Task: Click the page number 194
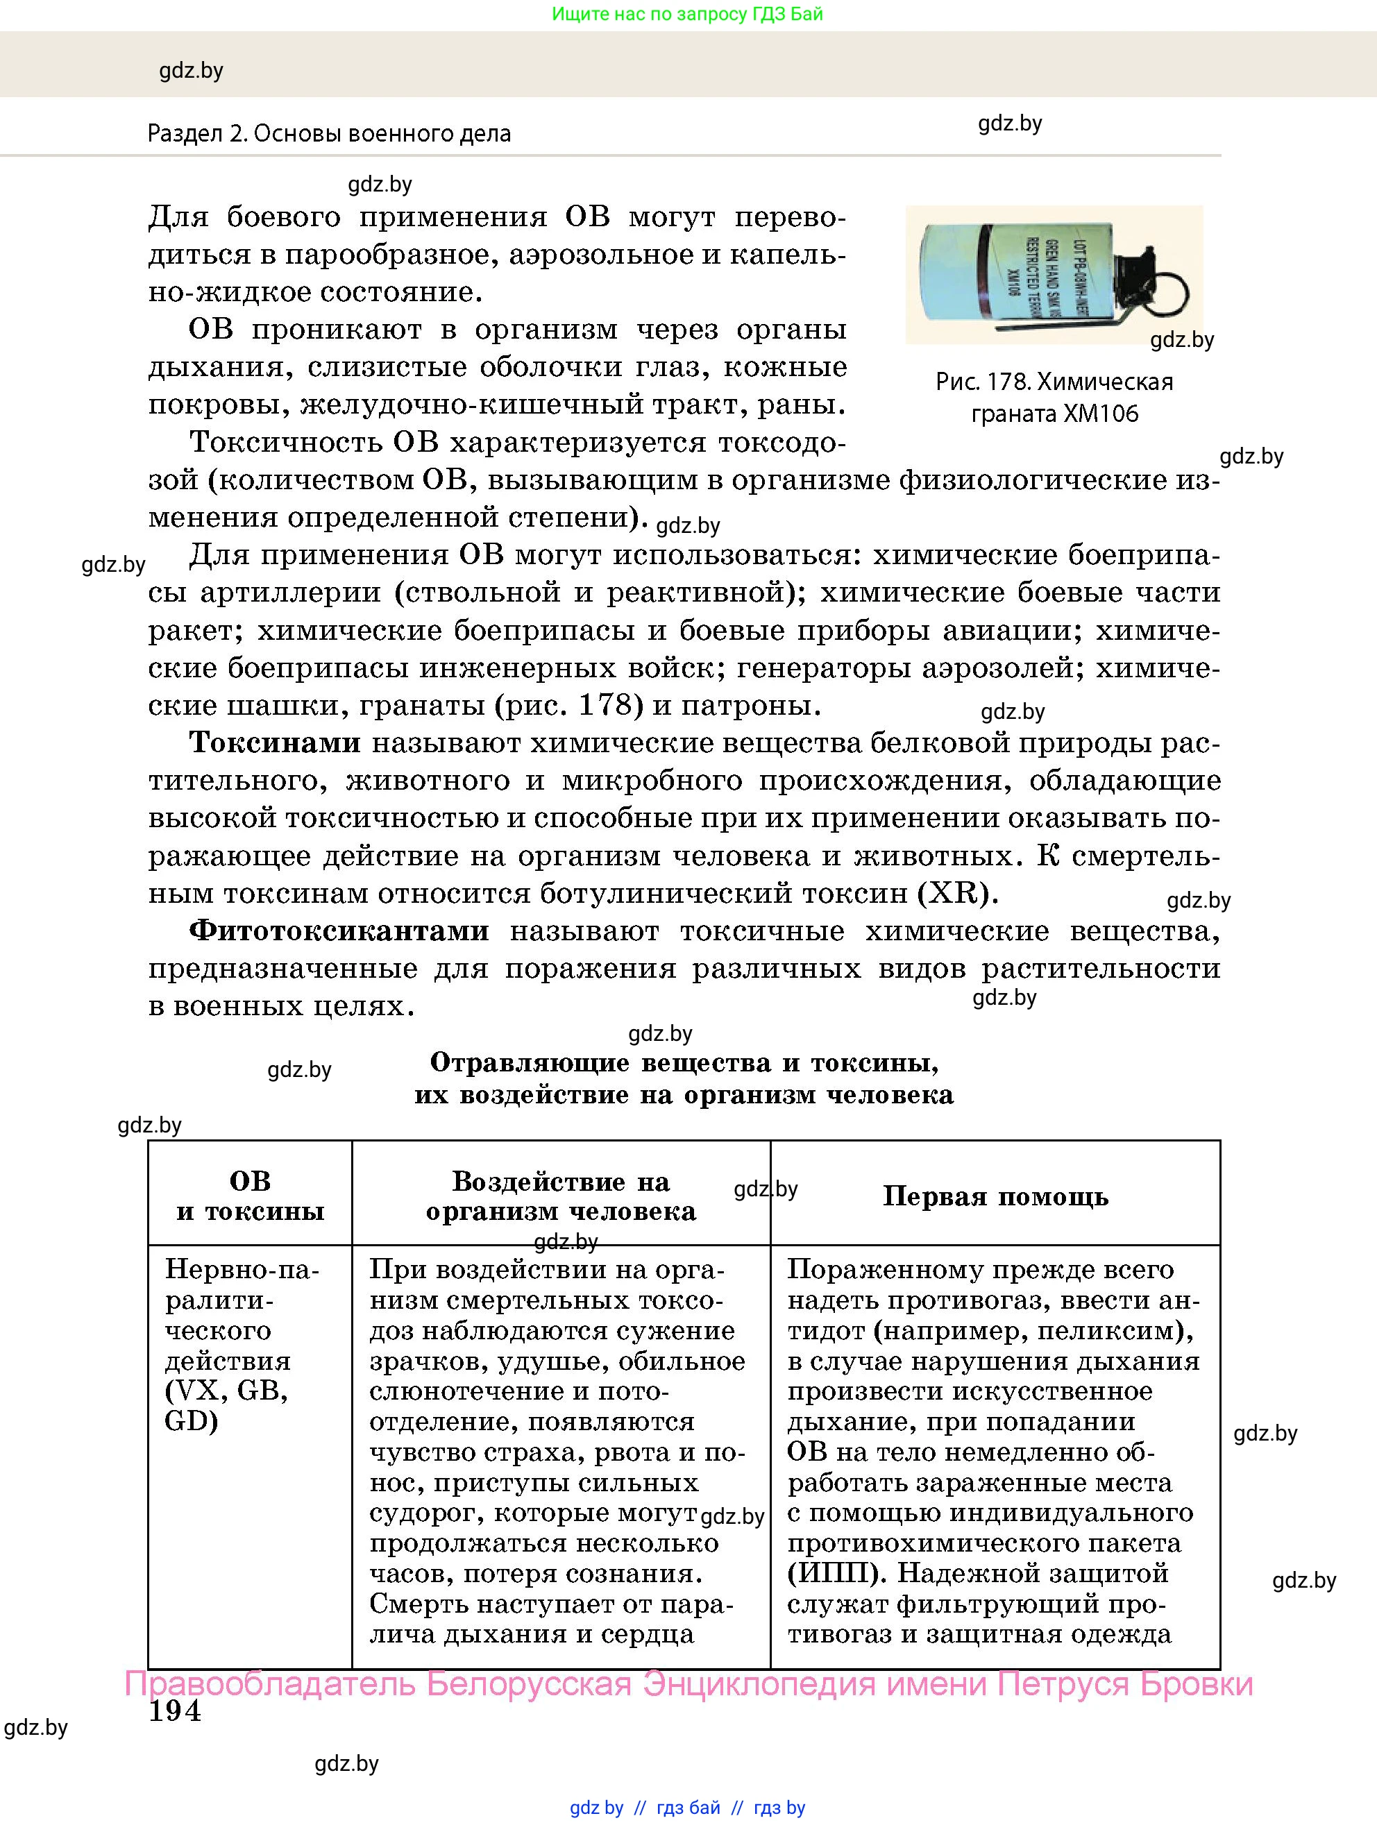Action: (175, 1711)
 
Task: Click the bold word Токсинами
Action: (275, 742)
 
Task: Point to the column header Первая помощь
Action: (995, 1196)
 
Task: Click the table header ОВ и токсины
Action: (250, 1196)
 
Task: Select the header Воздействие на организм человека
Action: (561, 1196)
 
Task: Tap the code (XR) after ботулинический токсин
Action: (957, 892)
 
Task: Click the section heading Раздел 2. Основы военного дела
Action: (329, 134)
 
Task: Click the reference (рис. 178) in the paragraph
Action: (568, 706)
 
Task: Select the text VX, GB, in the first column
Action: (227, 1391)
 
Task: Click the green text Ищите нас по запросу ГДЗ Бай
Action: (687, 14)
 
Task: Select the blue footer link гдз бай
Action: (688, 1808)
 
